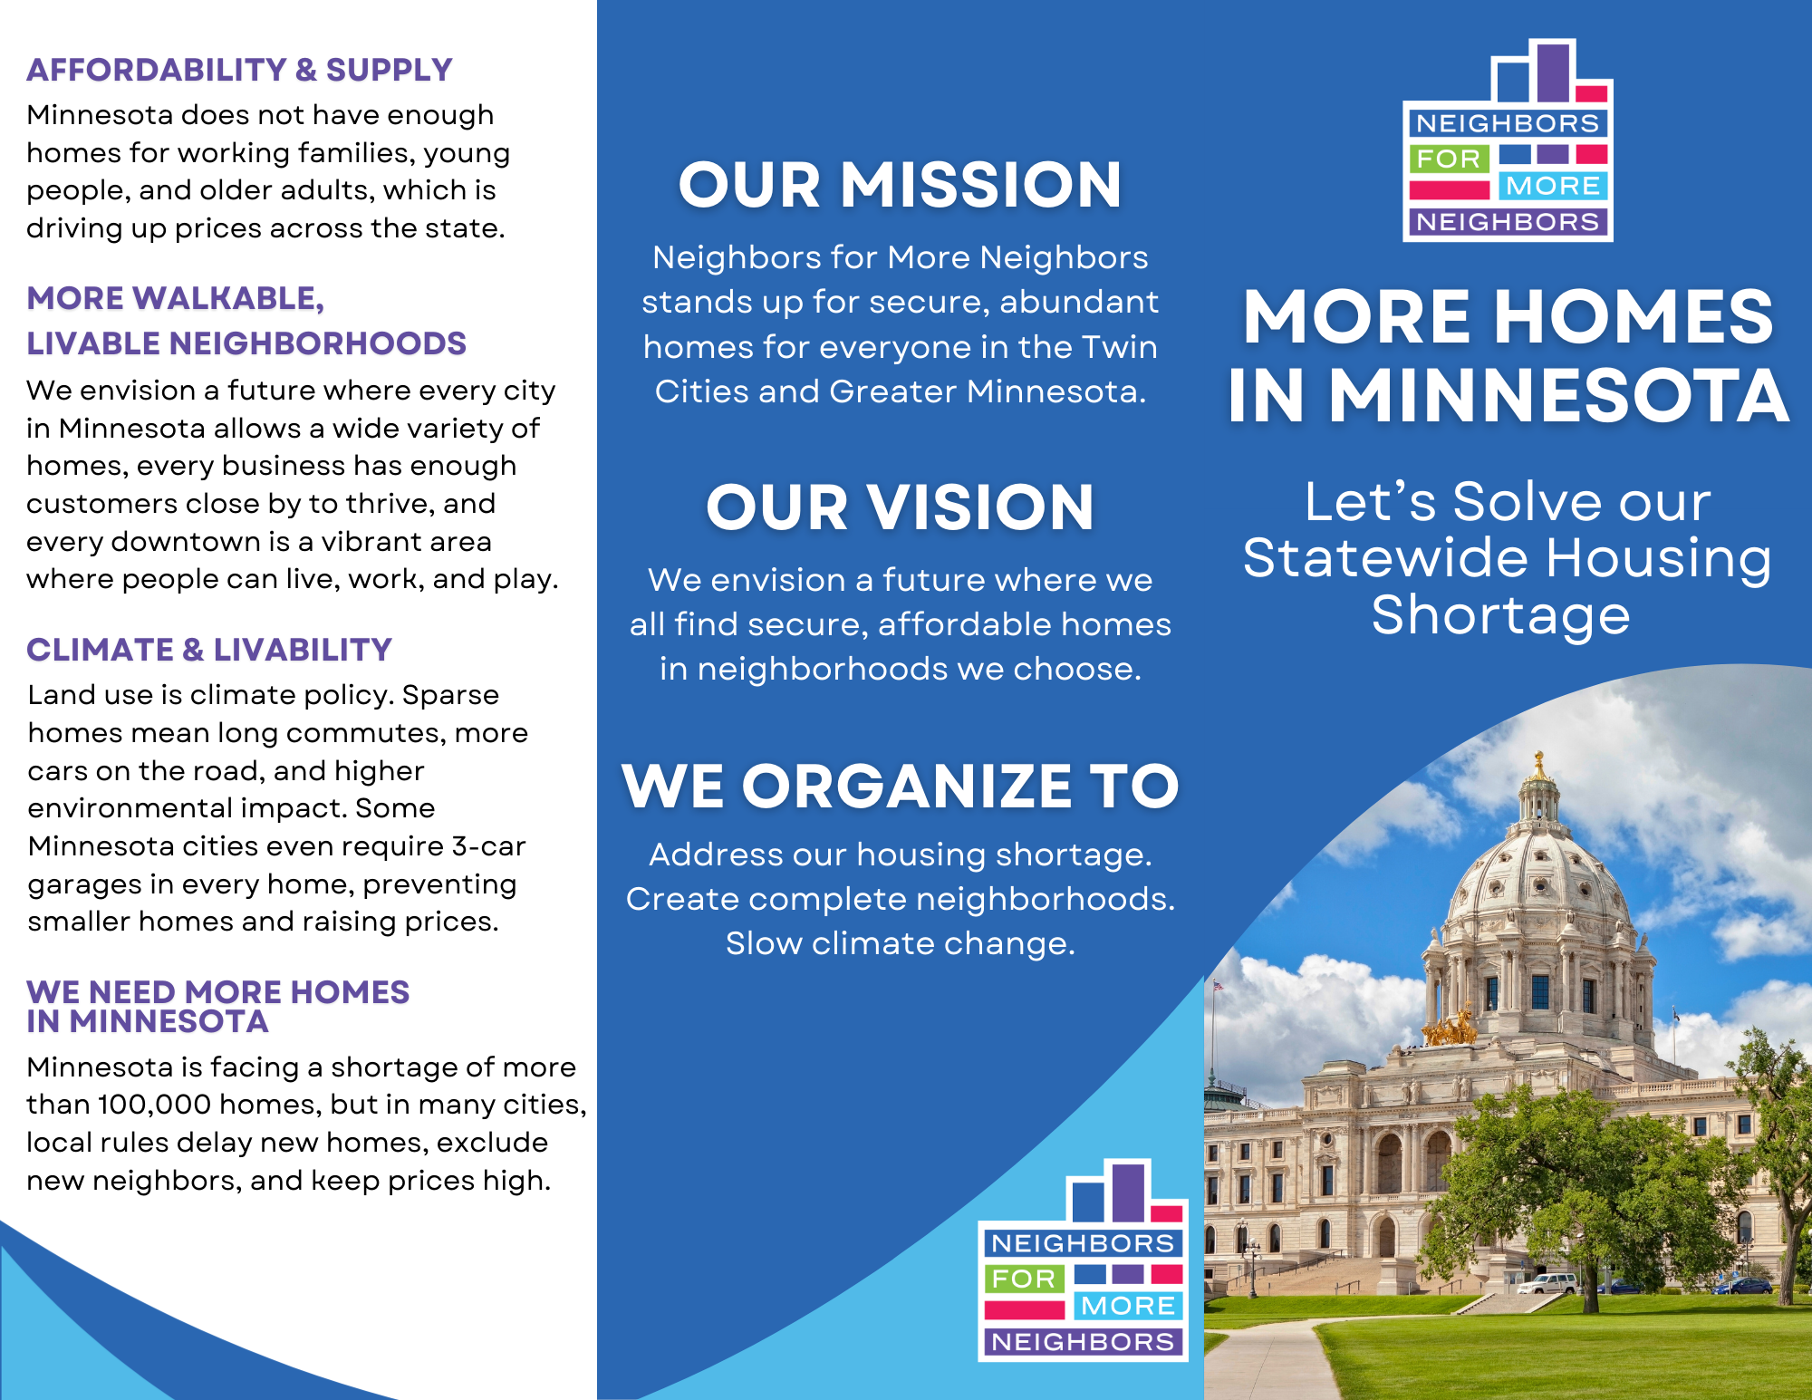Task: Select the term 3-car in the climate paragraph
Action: (x=488, y=846)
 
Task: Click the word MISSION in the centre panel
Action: (x=981, y=185)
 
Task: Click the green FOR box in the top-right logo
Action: (x=1448, y=159)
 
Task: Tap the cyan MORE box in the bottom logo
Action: (x=1128, y=1306)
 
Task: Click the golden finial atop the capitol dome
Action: (x=1538, y=766)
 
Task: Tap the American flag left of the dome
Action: (x=1218, y=985)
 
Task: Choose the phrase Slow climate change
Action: (x=900, y=943)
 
